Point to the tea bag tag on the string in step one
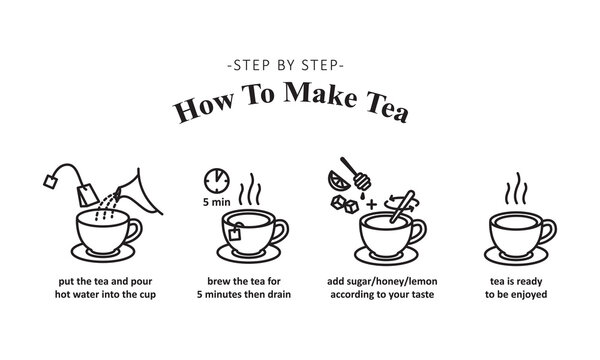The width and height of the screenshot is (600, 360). (x=47, y=179)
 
